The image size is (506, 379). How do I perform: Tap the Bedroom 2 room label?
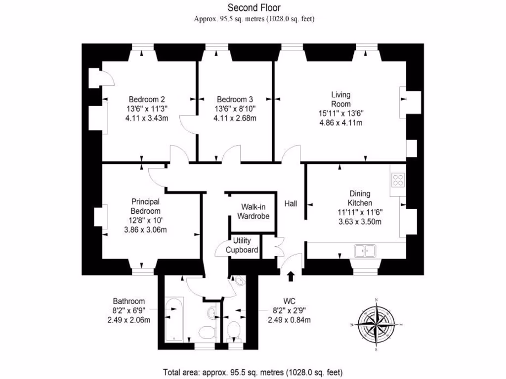(x=147, y=98)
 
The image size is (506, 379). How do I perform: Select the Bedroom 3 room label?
(x=234, y=98)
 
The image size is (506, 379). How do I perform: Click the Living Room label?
(x=341, y=99)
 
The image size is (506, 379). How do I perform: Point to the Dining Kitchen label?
(x=359, y=198)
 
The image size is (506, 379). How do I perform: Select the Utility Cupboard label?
(x=242, y=245)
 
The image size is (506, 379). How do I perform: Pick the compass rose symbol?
(x=377, y=324)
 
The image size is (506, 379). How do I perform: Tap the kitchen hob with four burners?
(x=398, y=180)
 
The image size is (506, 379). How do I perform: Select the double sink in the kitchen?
(x=365, y=251)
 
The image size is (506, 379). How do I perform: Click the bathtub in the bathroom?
(x=173, y=319)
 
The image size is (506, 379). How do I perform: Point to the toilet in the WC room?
(x=233, y=330)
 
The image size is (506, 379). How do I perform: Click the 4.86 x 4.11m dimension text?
(x=341, y=122)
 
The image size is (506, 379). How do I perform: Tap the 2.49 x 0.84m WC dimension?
(x=289, y=320)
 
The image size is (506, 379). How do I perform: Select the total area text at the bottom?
(x=253, y=372)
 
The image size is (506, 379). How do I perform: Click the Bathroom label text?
(x=128, y=301)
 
